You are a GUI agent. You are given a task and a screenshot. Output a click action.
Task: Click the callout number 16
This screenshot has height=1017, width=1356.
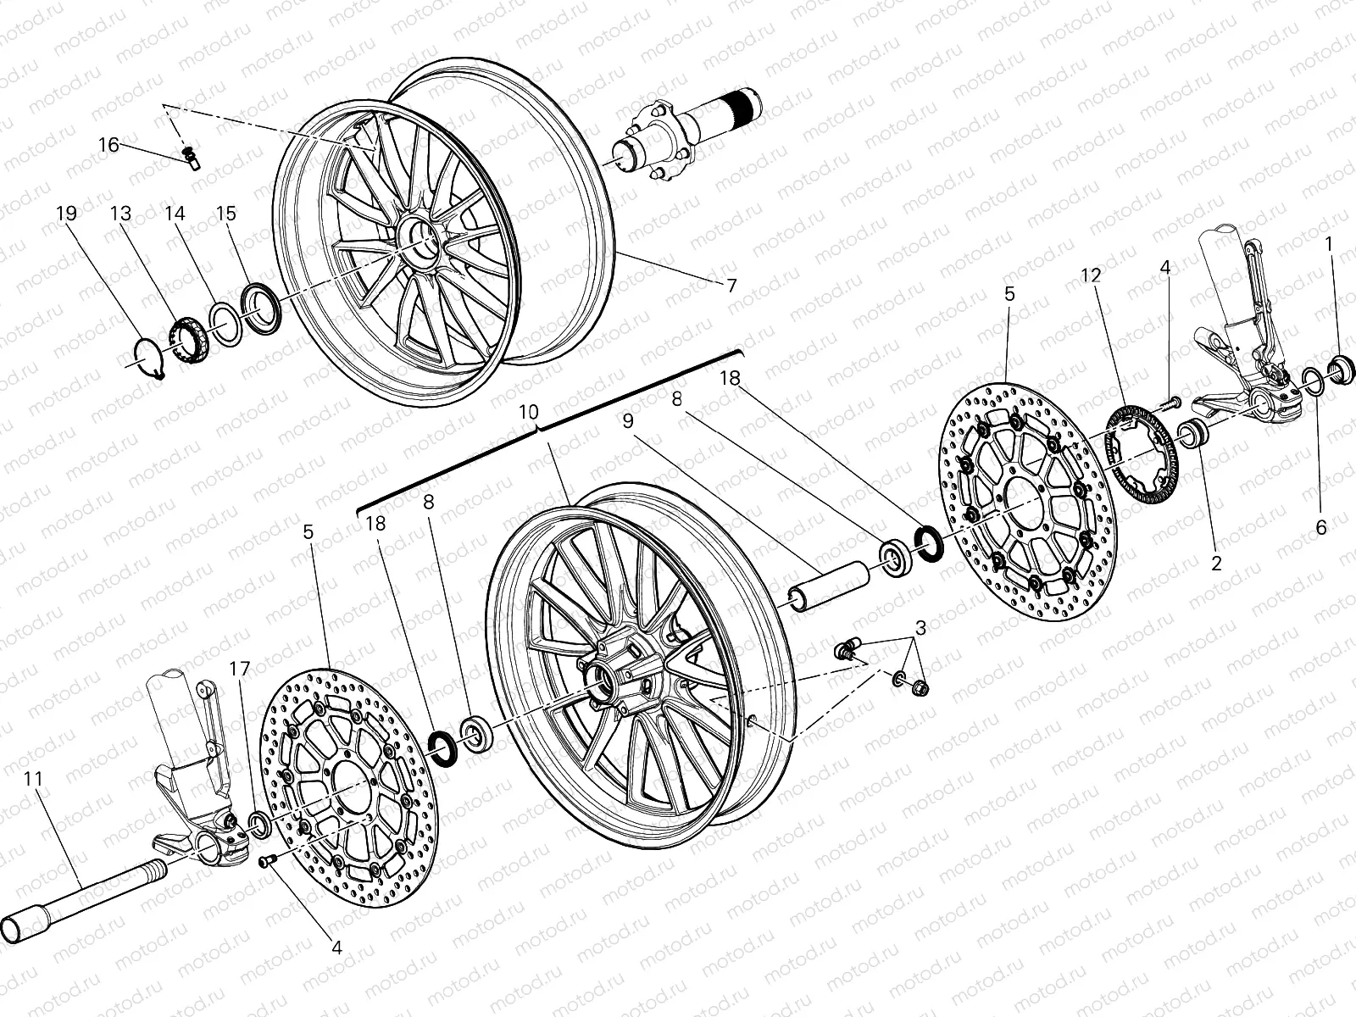pyautogui.click(x=108, y=145)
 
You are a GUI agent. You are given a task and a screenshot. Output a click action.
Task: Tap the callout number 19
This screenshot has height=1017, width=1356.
pyautogui.click(x=66, y=214)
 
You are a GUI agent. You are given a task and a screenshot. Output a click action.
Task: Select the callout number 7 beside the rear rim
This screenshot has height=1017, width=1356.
pyautogui.click(x=731, y=286)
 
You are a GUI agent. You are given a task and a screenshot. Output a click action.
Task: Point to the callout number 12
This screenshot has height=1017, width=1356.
pyautogui.click(x=1091, y=275)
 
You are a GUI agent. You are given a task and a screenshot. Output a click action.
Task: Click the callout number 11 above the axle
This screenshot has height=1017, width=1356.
pyautogui.click(x=33, y=778)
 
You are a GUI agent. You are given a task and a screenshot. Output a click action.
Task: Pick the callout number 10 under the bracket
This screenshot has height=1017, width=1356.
pyautogui.click(x=528, y=413)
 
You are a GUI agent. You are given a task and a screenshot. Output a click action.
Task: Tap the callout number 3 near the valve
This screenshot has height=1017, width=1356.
pyautogui.click(x=920, y=628)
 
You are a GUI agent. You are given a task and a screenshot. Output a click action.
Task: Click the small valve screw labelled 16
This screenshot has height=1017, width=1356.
pyautogui.click(x=190, y=158)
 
